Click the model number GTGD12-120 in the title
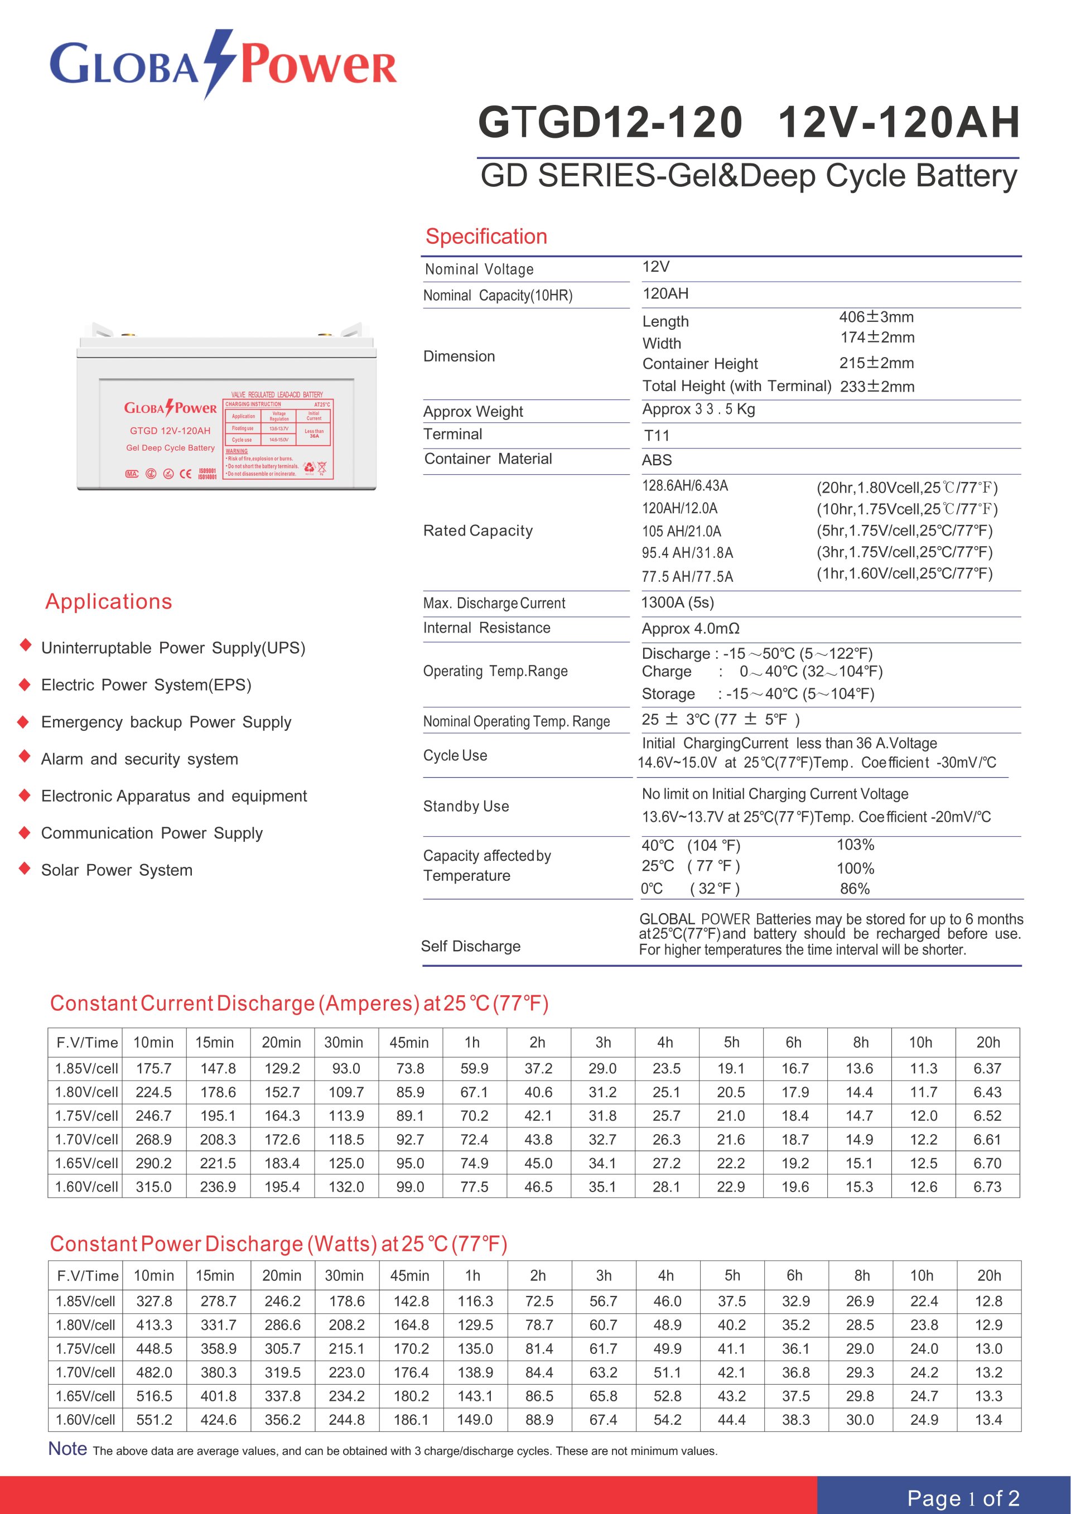click(x=610, y=123)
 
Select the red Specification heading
click(x=486, y=236)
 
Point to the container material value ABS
click(x=657, y=460)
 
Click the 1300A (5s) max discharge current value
click(x=677, y=602)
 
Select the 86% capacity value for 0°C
click(x=855, y=889)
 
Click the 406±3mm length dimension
click(x=876, y=317)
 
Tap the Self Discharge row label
click(x=470, y=946)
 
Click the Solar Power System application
click(x=117, y=870)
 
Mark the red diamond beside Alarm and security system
click(x=25, y=756)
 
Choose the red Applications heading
click(x=109, y=601)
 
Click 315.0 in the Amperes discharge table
click(x=153, y=1187)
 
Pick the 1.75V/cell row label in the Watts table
click(x=86, y=1348)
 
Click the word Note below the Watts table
click(x=68, y=1449)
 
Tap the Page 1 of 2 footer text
click(x=963, y=1497)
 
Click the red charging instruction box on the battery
click(x=278, y=438)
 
